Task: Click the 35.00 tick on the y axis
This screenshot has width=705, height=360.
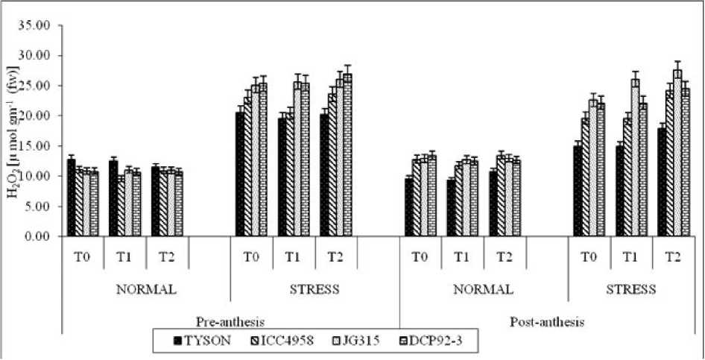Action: (x=37, y=25)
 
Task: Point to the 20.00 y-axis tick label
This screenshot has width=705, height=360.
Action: (x=37, y=116)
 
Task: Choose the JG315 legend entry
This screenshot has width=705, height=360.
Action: (x=358, y=341)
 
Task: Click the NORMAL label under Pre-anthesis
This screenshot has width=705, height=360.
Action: (x=147, y=289)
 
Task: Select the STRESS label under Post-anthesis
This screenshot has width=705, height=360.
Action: (x=633, y=289)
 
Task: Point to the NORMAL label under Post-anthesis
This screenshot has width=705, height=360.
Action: (x=483, y=289)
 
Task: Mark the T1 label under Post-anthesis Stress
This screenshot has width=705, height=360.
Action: (x=632, y=256)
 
